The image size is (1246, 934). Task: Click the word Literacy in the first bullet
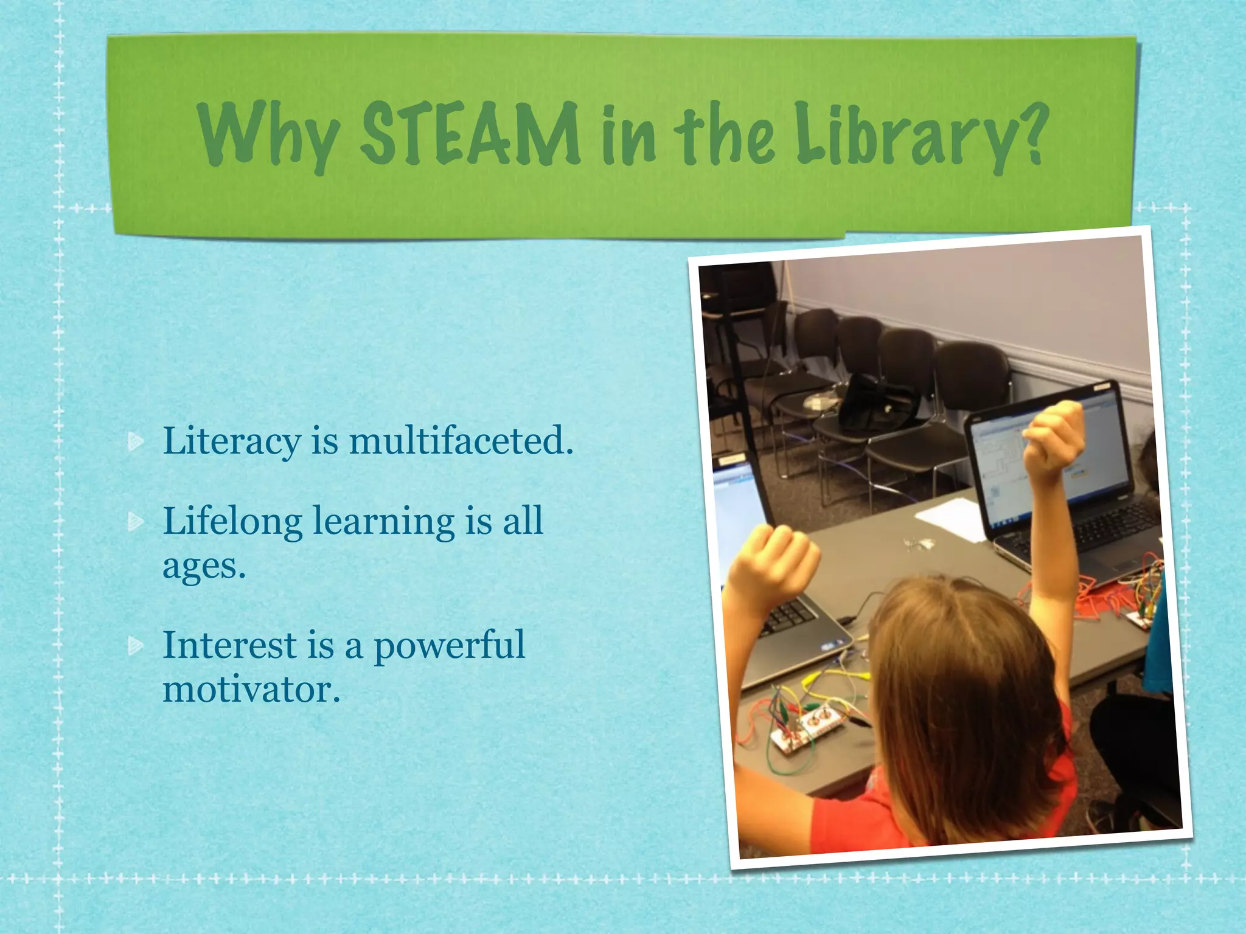[231, 441]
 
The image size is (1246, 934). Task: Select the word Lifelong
[232, 522]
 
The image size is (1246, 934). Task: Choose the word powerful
[449, 646]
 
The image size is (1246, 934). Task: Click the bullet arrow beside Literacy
[136, 442]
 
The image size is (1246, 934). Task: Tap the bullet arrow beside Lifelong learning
[136, 522]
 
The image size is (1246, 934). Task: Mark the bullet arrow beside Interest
[136, 646]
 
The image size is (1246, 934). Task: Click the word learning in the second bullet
[384, 522]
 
